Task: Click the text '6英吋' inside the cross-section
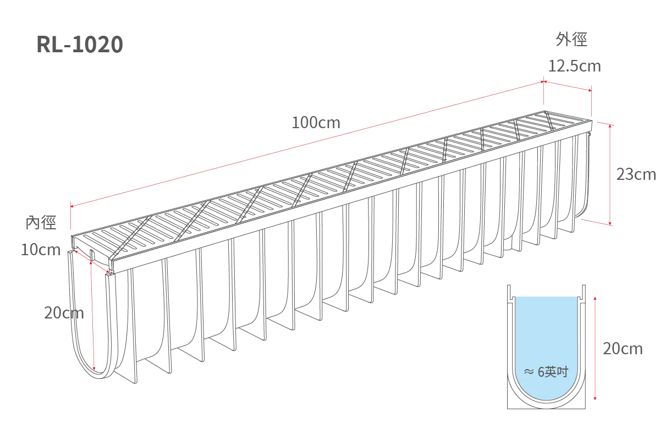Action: pos(552,372)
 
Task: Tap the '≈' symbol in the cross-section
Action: pos(529,372)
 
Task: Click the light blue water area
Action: pos(548,335)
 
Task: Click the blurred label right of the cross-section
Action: pos(623,349)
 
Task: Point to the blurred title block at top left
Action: pos(78,44)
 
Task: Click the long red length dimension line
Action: pos(308,144)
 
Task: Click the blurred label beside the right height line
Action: pos(635,174)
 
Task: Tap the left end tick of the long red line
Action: pos(71,207)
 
